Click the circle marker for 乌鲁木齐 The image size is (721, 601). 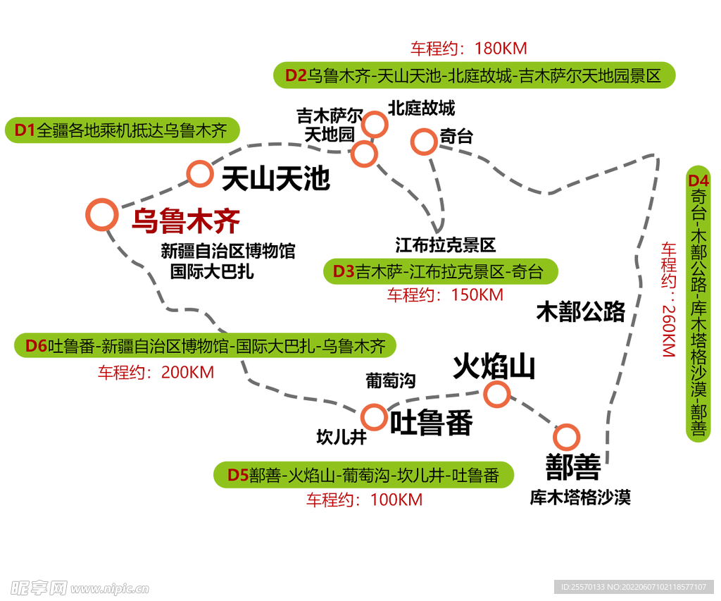pyautogui.click(x=101, y=214)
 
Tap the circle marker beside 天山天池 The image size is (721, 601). pyautogui.click(x=200, y=173)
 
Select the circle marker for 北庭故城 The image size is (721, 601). pyautogui.click(x=375, y=125)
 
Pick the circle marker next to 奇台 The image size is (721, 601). pyautogui.click(x=423, y=142)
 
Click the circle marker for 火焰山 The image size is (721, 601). pyautogui.click(x=496, y=395)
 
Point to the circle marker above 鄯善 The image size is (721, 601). pyautogui.click(x=566, y=438)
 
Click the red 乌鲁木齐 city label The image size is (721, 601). pyautogui.click(x=186, y=221)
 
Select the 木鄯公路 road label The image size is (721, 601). pyautogui.click(x=580, y=311)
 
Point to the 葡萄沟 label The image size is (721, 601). pyautogui.click(x=390, y=381)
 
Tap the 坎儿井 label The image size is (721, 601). pyautogui.click(x=342, y=437)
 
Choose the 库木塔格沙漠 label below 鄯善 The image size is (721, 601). pyautogui.click(x=580, y=497)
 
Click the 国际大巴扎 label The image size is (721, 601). pyautogui.click(x=212, y=271)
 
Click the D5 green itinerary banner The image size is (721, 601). pyautogui.click(x=363, y=476)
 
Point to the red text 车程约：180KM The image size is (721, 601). pyautogui.click(x=468, y=49)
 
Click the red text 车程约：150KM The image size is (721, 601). pyautogui.click(x=445, y=295)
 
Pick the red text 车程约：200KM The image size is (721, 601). pyautogui.click(x=156, y=372)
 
